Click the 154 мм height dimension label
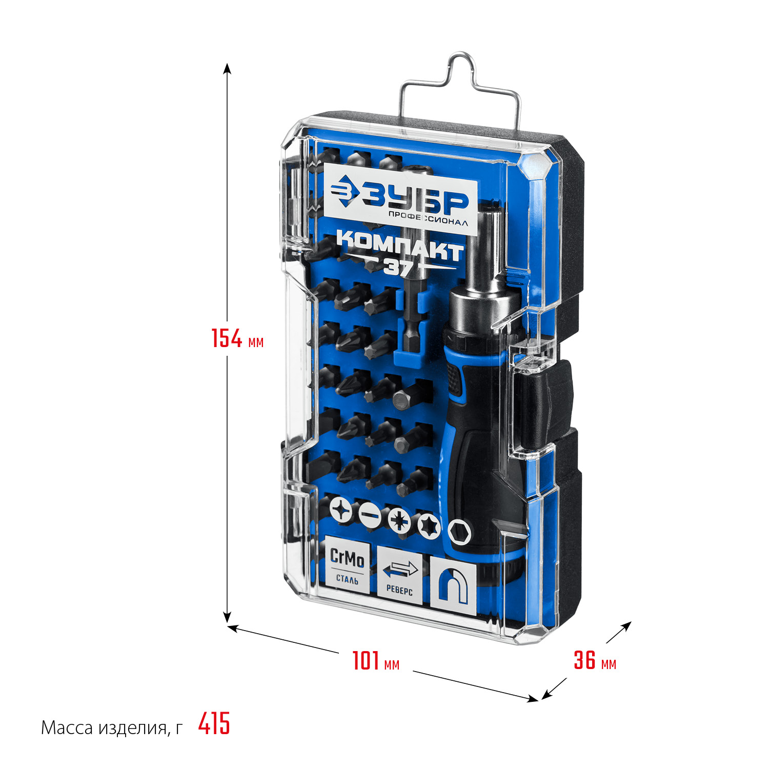point(237,338)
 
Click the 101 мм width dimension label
point(376,660)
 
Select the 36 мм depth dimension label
point(595,660)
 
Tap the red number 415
point(214,724)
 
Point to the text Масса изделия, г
point(111,727)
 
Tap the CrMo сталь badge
point(347,564)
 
